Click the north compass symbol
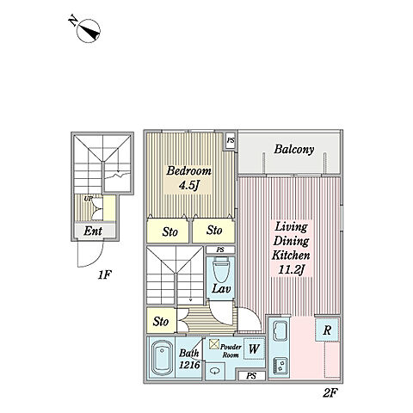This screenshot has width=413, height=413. tap(89, 31)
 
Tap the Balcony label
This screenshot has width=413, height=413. tap(293, 149)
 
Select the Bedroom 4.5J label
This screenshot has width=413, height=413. tap(188, 178)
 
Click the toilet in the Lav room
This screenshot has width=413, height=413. tap(220, 269)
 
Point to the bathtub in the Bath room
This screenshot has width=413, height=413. tap(161, 358)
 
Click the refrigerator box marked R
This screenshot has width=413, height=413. tap(327, 330)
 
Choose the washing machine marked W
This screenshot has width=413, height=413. tap(254, 348)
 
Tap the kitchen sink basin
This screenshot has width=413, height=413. tap(280, 330)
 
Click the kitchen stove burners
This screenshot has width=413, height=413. tap(280, 367)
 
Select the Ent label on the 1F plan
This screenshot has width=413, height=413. tap(93, 231)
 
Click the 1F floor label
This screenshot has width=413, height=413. tap(104, 275)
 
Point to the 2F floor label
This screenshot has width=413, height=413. tap(330, 392)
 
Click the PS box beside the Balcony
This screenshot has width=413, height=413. tap(231, 140)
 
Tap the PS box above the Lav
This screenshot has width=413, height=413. tap(220, 250)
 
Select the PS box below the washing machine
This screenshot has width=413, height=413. tap(251, 376)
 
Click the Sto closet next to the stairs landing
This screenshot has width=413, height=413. tap(161, 321)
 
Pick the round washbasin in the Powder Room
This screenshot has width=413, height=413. tap(214, 371)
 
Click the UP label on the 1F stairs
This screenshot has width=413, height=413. tap(88, 199)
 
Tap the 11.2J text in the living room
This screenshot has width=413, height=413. tap(291, 270)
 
